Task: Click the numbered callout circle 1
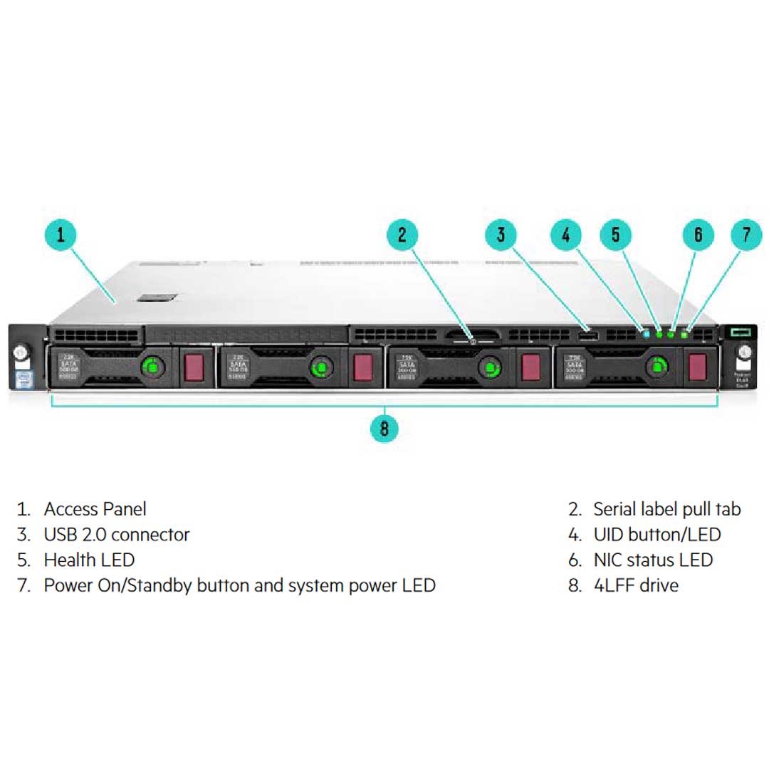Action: click(x=62, y=235)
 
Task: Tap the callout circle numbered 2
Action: click(x=402, y=235)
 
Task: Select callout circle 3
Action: click(x=501, y=235)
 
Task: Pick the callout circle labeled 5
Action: click(x=616, y=235)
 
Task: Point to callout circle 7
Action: click(x=746, y=235)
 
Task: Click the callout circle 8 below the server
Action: click(x=384, y=428)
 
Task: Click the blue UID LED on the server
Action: click(x=647, y=333)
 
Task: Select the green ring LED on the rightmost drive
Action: click(x=656, y=367)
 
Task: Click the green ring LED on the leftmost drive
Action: click(x=151, y=367)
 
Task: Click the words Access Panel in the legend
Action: click(x=95, y=509)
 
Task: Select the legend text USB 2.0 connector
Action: click(x=117, y=535)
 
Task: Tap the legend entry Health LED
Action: click(x=89, y=560)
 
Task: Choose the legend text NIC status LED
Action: click(x=653, y=560)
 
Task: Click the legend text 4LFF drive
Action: click(x=636, y=586)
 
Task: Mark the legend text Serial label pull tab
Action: click(x=666, y=509)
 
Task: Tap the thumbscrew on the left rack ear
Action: click(x=20, y=352)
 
